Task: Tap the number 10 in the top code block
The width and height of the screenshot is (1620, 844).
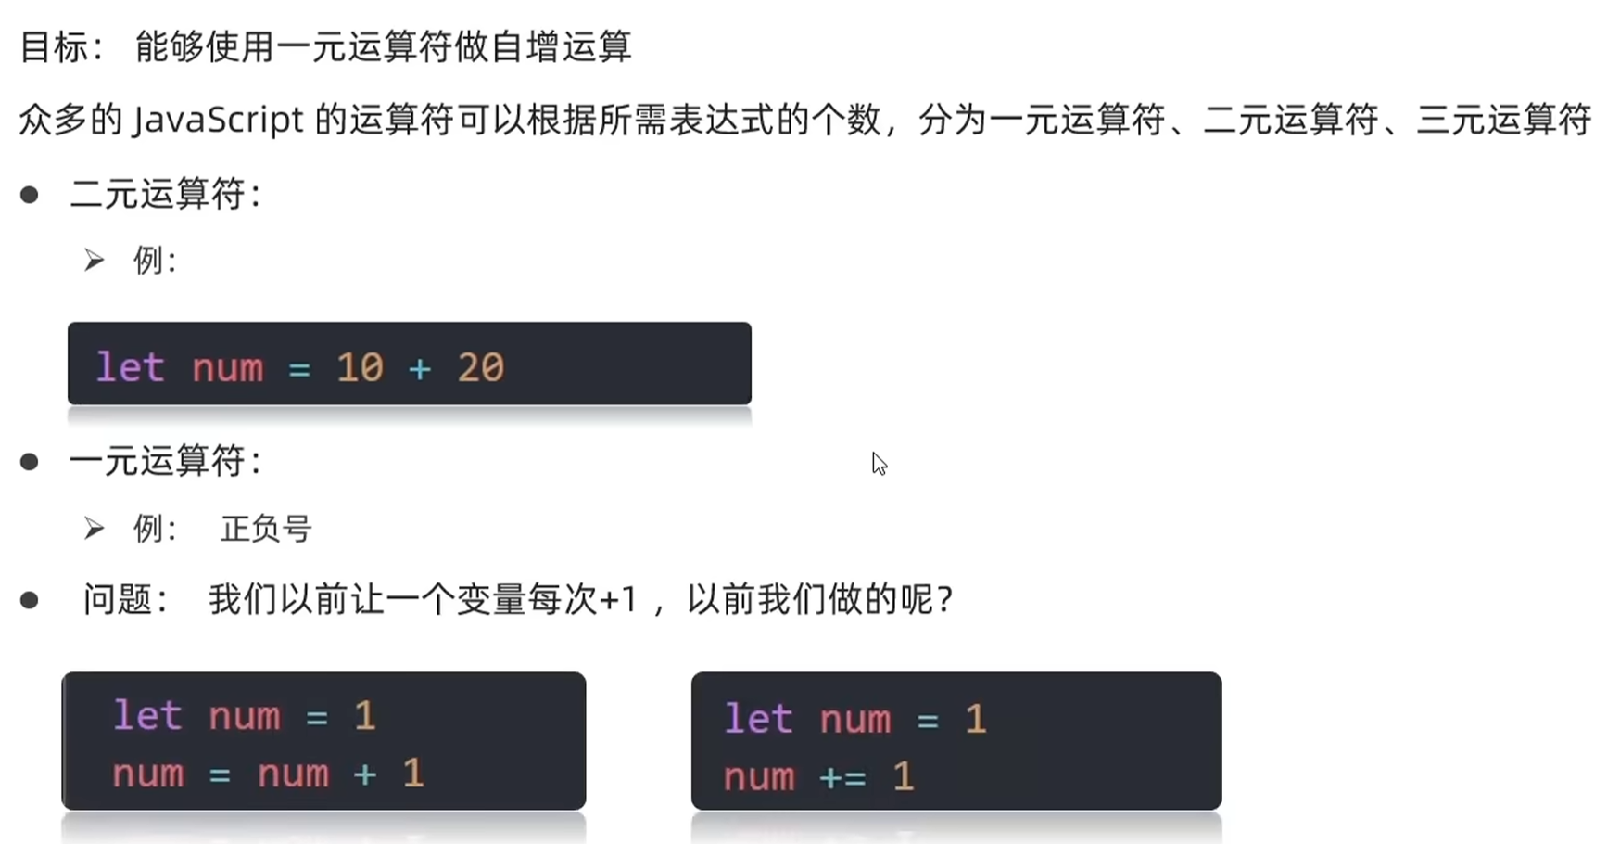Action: (360, 368)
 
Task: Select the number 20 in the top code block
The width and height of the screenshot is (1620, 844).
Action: (480, 368)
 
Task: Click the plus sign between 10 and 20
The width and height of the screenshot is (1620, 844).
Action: (420, 369)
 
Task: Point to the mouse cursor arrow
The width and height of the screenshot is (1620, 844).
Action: (879, 463)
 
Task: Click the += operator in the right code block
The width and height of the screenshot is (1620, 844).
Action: (843, 777)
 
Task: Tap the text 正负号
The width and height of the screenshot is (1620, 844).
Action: (266, 530)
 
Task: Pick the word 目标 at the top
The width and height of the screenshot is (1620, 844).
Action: (54, 46)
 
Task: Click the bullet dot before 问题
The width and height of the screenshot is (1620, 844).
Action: (30, 600)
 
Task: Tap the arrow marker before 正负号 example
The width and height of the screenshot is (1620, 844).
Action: (94, 529)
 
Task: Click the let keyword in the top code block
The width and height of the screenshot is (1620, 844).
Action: (131, 368)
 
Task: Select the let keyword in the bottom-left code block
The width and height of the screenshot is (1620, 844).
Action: (147, 716)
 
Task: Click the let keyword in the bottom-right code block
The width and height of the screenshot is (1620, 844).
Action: (758, 720)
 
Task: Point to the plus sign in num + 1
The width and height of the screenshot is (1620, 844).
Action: (365, 774)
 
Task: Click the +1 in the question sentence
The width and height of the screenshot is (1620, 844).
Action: (618, 600)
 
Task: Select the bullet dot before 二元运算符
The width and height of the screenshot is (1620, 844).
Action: (30, 195)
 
